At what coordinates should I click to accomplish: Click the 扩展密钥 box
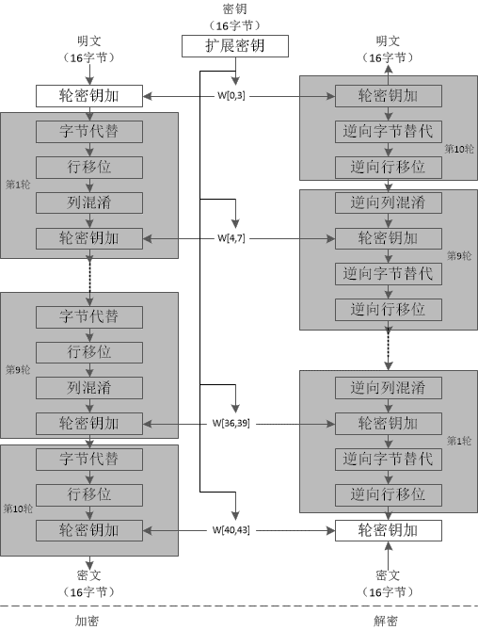point(235,46)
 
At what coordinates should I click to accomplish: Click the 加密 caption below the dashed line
point(87,621)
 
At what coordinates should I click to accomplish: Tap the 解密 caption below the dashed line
point(386,621)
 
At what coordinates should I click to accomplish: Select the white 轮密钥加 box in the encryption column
point(89,96)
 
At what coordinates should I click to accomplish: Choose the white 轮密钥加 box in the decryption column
point(389,531)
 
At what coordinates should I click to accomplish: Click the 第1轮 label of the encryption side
point(18,185)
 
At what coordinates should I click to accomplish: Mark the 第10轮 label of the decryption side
point(459,149)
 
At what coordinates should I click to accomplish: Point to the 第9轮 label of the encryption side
point(18,370)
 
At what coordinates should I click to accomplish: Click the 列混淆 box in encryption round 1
point(89,202)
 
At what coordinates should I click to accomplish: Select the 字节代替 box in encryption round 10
point(89,460)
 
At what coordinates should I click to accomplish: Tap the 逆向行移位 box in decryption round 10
point(389,167)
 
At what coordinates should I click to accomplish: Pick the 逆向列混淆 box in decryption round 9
point(389,202)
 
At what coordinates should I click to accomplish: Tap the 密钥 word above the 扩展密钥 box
point(235,8)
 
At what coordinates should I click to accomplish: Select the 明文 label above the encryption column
point(89,40)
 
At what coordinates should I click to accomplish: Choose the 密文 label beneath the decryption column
point(388,575)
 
